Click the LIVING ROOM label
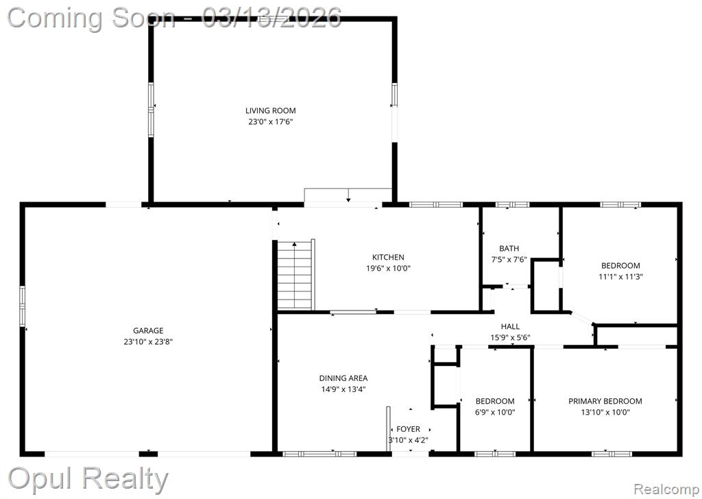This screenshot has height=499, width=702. (270, 110)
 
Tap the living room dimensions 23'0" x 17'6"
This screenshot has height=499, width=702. (270, 122)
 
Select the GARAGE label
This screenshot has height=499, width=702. (148, 331)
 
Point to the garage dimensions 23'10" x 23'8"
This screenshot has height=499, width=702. (148, 342)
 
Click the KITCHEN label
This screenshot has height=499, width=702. (388, 257)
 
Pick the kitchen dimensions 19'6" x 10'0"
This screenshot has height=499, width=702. (388, 269)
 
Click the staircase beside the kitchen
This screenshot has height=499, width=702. (295, 274)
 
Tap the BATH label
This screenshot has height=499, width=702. (509, 248)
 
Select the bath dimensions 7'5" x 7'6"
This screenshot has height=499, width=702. (509, 260)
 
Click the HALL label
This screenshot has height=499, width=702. (510, 327)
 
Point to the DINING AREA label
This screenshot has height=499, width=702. (343, 378)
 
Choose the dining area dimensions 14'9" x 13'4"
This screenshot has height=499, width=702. (343, 389)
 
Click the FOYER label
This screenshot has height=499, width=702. (409, 429)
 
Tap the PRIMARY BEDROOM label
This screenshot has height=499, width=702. (605, 401)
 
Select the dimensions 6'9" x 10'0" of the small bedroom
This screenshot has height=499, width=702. (495, 412)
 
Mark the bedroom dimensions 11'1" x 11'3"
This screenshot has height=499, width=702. (621, 277)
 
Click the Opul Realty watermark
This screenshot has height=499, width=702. (88, 479)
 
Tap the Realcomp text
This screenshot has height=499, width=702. (666, 489)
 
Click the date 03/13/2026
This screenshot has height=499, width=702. (271, 18)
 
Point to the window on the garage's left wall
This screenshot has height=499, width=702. (23, 306)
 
